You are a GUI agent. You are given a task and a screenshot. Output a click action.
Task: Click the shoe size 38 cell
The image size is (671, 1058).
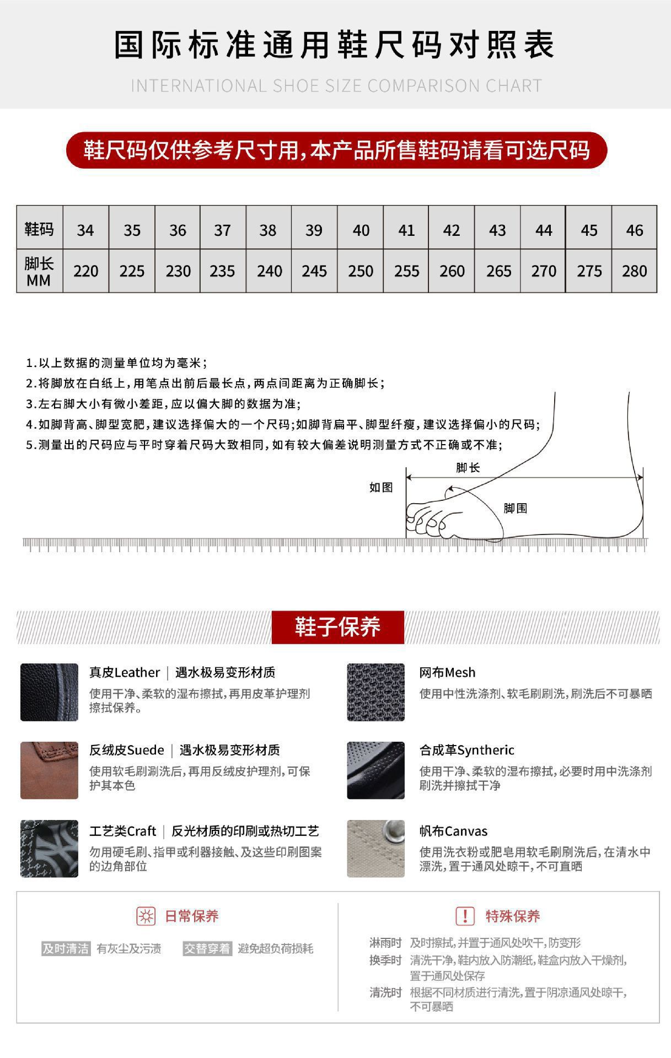(268, 230)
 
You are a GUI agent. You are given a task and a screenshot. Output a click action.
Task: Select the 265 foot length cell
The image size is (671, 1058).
(498, 271)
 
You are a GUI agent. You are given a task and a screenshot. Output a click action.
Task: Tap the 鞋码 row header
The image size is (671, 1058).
(39, 229)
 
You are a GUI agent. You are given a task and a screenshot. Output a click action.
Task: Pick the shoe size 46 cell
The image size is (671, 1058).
(634, 230)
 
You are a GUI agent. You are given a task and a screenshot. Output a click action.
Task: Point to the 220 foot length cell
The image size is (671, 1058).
(85, 271)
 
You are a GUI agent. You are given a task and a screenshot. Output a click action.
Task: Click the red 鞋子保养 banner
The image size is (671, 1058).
(337, 627)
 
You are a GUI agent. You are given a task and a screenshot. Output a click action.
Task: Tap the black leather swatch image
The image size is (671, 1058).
(49, 692)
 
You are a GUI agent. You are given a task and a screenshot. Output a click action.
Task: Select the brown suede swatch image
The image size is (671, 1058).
(49, 770)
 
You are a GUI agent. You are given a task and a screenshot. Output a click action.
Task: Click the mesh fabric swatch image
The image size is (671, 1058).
(375, 692)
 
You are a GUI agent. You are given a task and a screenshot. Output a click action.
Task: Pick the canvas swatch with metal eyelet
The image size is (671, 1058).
(375, 849)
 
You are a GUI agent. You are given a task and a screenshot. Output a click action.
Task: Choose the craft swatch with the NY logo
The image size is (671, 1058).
(49, 849)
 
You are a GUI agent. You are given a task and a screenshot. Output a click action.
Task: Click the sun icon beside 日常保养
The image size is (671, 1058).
(146, 916)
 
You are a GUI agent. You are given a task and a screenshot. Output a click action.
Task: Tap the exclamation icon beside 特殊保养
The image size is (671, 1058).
(465, 916)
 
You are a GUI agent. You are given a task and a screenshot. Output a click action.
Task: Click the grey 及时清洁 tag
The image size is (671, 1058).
(66, 948)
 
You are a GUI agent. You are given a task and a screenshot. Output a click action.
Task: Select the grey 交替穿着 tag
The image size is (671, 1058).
(207, 948)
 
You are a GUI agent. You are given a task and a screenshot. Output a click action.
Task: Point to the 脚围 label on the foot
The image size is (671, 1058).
(515, 508)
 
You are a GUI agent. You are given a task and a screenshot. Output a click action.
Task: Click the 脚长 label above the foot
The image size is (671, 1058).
(468, 468)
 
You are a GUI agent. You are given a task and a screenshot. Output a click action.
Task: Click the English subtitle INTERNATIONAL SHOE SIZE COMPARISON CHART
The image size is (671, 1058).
(336, 86)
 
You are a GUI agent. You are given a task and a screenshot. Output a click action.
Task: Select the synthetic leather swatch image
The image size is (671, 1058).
(375, 770)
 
